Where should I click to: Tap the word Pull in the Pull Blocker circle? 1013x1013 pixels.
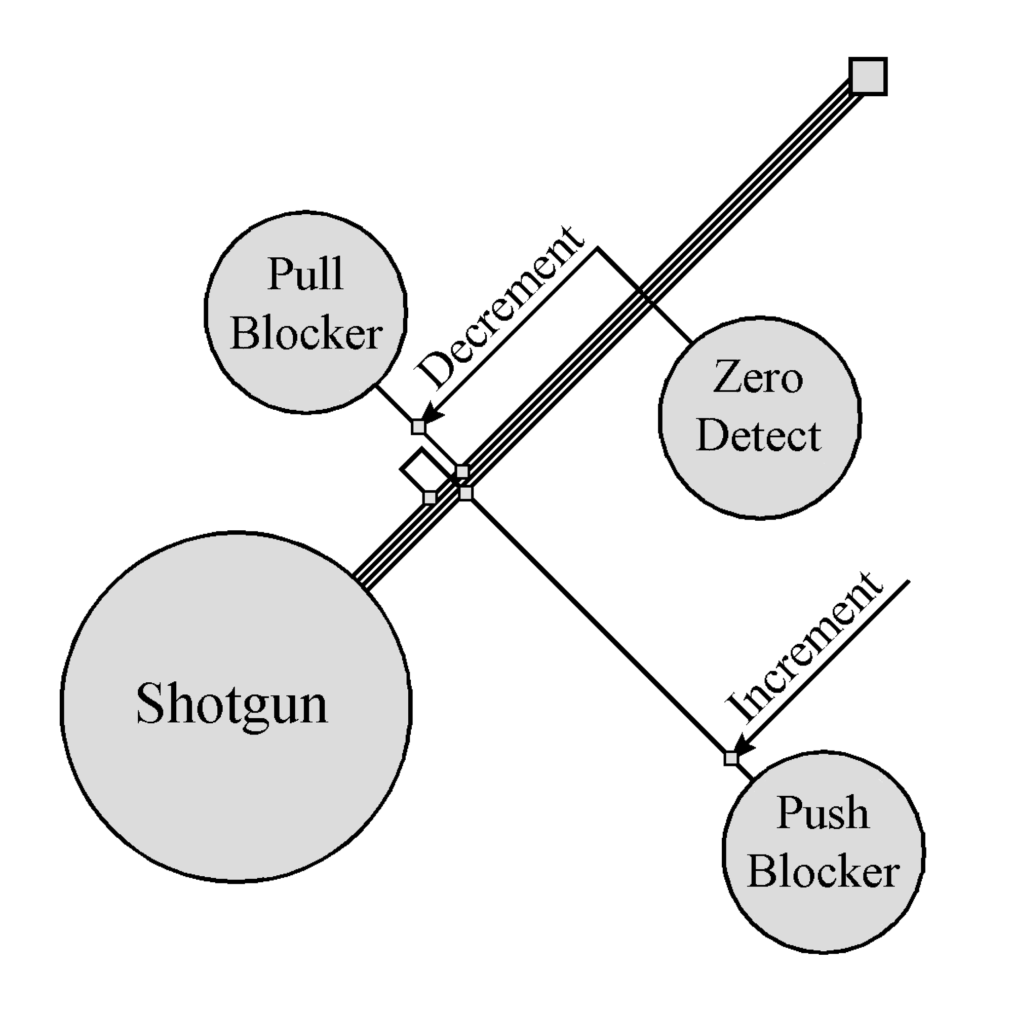click(x=306, y=274)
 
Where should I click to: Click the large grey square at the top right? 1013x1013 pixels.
click(x=868, y=76)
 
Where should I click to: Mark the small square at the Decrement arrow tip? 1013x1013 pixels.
click(x=418, y=427)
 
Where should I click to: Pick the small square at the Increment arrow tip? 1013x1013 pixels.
click(x=730, y=759)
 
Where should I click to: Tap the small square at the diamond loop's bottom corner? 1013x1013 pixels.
click(x=430, y=497)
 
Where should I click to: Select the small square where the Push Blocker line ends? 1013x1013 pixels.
click(x=465, y=493)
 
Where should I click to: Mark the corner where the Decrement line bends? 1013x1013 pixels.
click(x=597, y=248)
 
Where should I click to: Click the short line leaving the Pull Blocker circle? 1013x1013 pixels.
click(x=394, y=403)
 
